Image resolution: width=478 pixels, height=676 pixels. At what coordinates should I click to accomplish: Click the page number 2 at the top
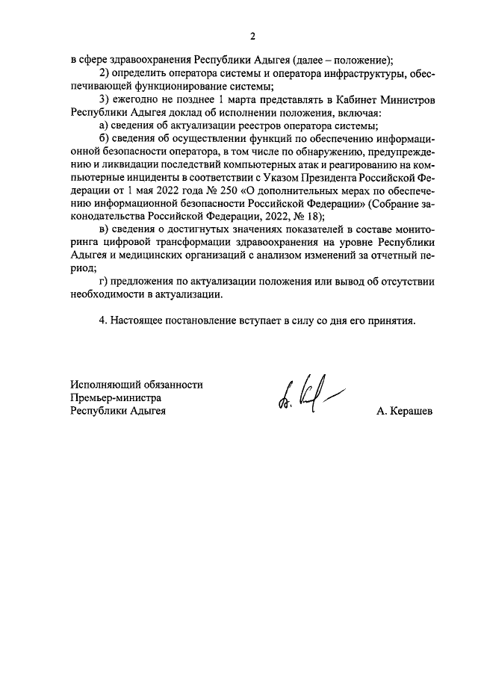pyautogui.click(x=252, y=35)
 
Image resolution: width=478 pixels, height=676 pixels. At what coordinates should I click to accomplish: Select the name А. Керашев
pyautogui.click(x=404, y=412)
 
